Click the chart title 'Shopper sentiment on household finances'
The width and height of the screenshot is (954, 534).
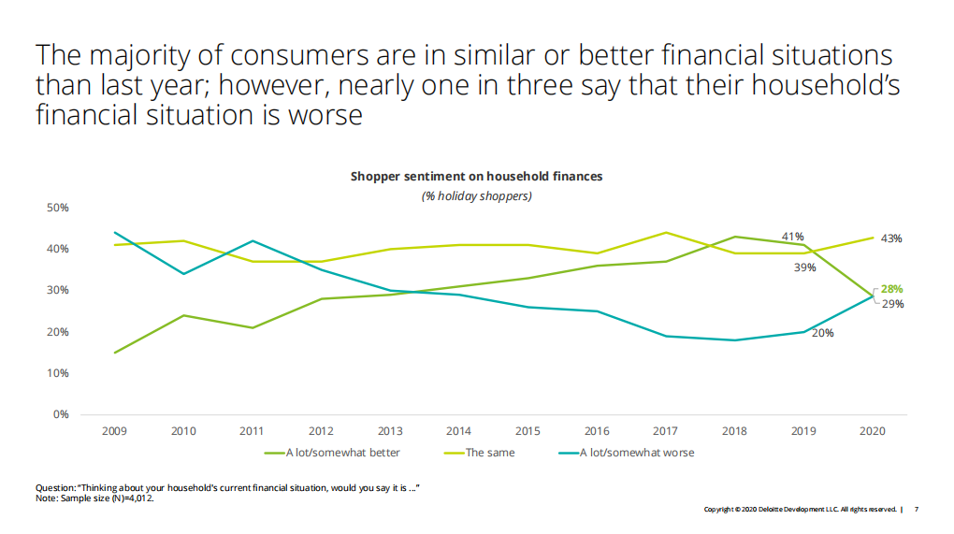click(476, 176)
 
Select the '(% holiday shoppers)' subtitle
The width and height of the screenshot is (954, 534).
click(476, 195)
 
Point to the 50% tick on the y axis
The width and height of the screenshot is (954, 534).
click(57, 208)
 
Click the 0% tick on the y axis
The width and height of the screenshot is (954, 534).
click(60, 414)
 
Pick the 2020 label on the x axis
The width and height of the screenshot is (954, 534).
click(871, 431)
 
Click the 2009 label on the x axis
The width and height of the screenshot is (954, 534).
click(115, 431)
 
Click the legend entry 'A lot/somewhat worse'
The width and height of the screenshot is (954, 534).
click(637, 453)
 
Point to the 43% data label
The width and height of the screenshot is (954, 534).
click(890, 238)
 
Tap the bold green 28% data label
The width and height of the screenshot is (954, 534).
click(890, 289)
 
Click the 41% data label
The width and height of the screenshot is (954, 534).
click(793, 237)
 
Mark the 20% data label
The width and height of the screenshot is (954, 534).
click(822, 333)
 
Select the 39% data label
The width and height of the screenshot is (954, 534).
click(805, 267)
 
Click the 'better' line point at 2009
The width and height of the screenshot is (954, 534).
click(115, 353)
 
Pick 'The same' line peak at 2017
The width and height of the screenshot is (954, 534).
click(666, 232)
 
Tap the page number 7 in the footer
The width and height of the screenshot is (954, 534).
click(916, 510)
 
